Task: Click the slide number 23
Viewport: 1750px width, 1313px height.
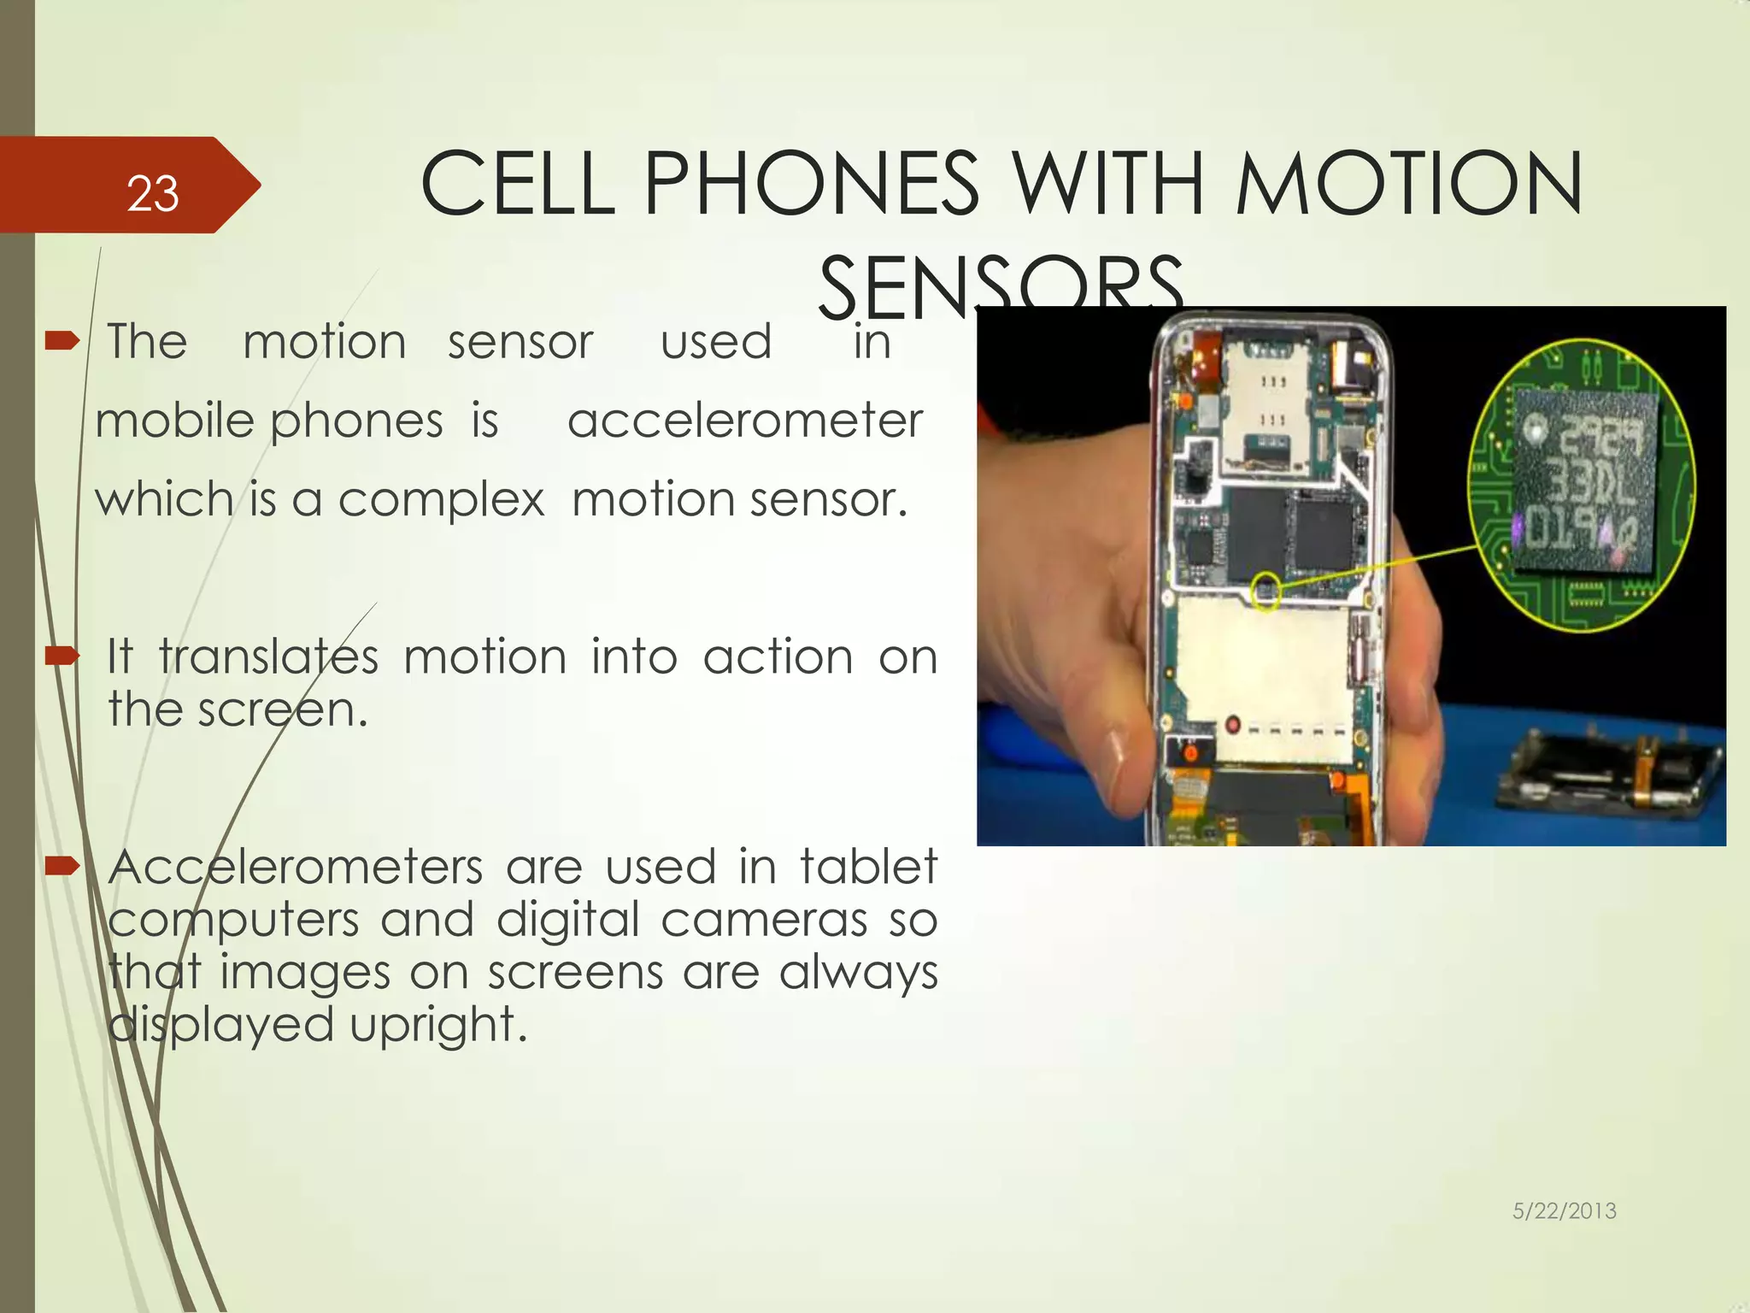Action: coord(152,194)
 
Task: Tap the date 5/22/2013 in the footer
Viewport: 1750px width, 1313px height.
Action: coord(1564,1210)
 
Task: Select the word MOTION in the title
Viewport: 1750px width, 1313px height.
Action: coord(1409,184)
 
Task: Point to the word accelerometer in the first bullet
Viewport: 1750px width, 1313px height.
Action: coord(745,421)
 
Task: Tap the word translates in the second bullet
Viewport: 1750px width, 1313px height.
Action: coord(268,658)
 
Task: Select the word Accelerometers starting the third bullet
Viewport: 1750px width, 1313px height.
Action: coord(296,868)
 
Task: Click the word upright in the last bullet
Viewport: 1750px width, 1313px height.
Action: coord(438,1025)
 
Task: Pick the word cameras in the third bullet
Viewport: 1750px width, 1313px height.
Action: coord(763,921)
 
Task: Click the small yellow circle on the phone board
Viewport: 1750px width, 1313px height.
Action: coord(1266,590)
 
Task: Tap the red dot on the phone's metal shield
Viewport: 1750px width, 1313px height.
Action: coord(1233,725)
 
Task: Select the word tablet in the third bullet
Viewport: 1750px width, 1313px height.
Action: coord(868,868)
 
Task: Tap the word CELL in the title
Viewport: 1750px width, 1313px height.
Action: coord(518,184)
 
